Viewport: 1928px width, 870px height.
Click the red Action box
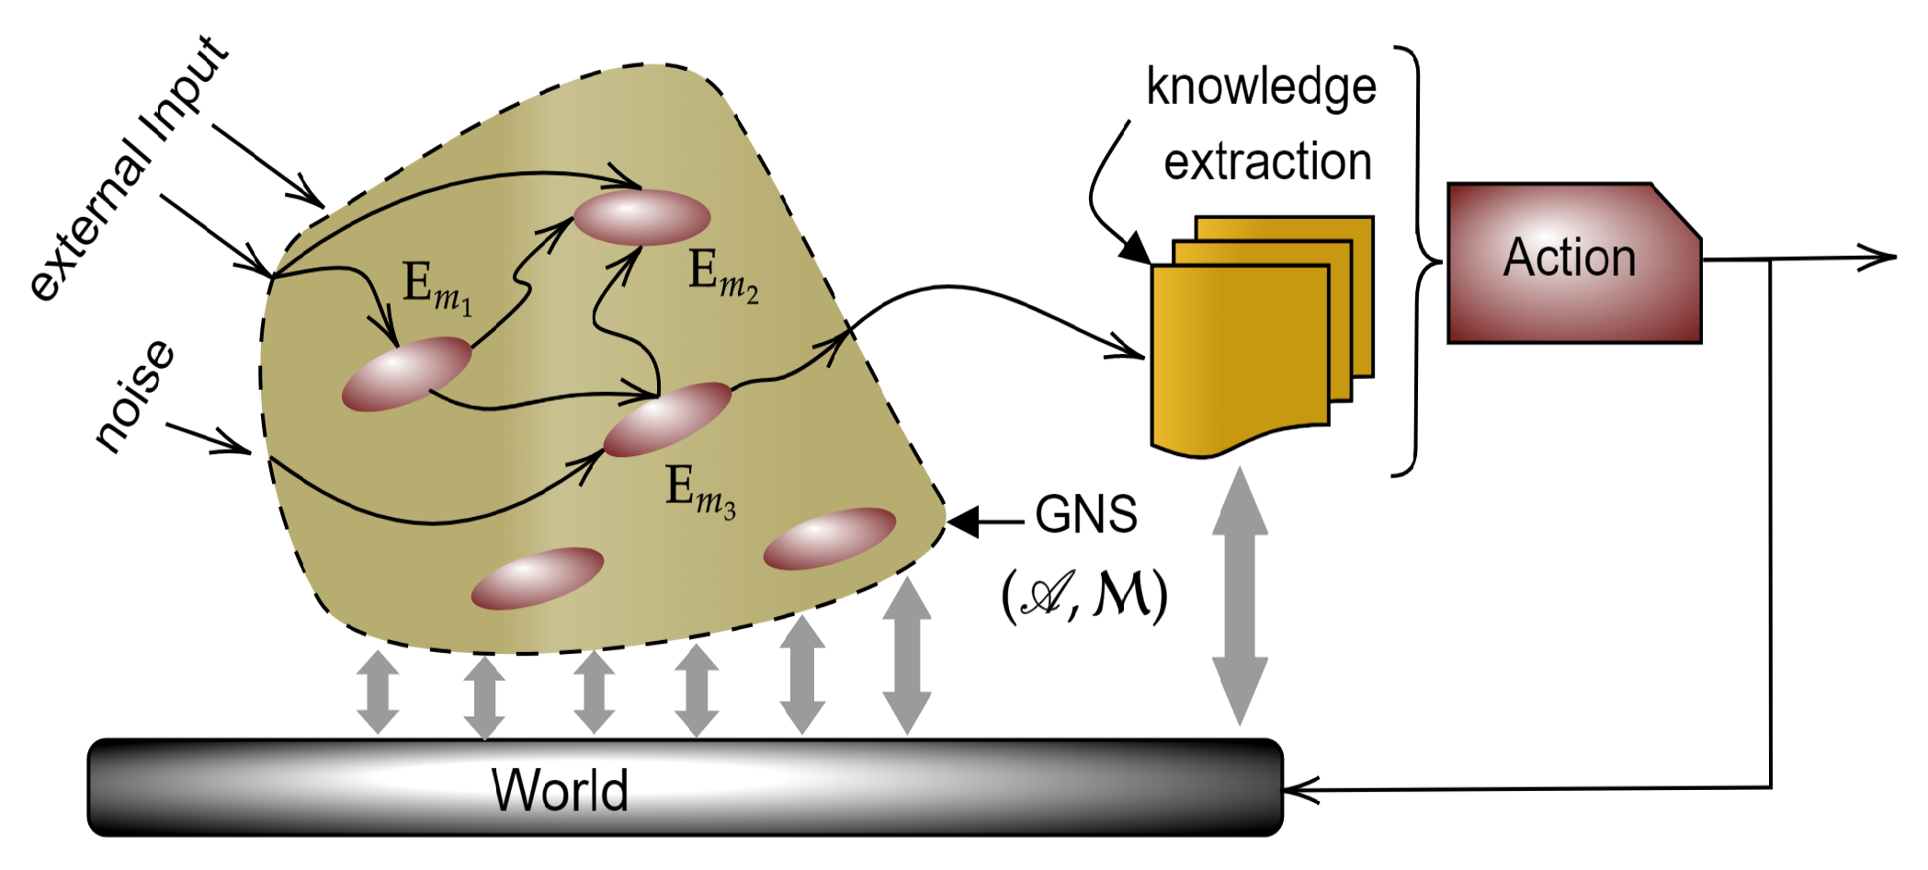tap(1572, 262)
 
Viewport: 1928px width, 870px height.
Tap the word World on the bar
tap(560, 789)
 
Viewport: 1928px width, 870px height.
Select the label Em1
tap(437, 287)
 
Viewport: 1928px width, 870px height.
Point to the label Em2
tap(722, 276)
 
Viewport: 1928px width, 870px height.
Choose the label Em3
tap(699, 491)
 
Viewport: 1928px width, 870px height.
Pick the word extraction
tap(1267, 163)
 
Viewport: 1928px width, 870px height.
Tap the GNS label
tap(1085, 515)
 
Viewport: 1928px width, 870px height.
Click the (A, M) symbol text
tap(1084, 595)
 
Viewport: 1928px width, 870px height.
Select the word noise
tap(134, 395)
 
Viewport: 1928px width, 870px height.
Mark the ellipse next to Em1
tap(406, 372)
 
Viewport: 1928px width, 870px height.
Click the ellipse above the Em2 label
tap(641, 217)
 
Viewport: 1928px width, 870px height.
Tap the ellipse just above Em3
tap(667, 418)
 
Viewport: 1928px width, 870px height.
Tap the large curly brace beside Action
tap(1421, 261)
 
